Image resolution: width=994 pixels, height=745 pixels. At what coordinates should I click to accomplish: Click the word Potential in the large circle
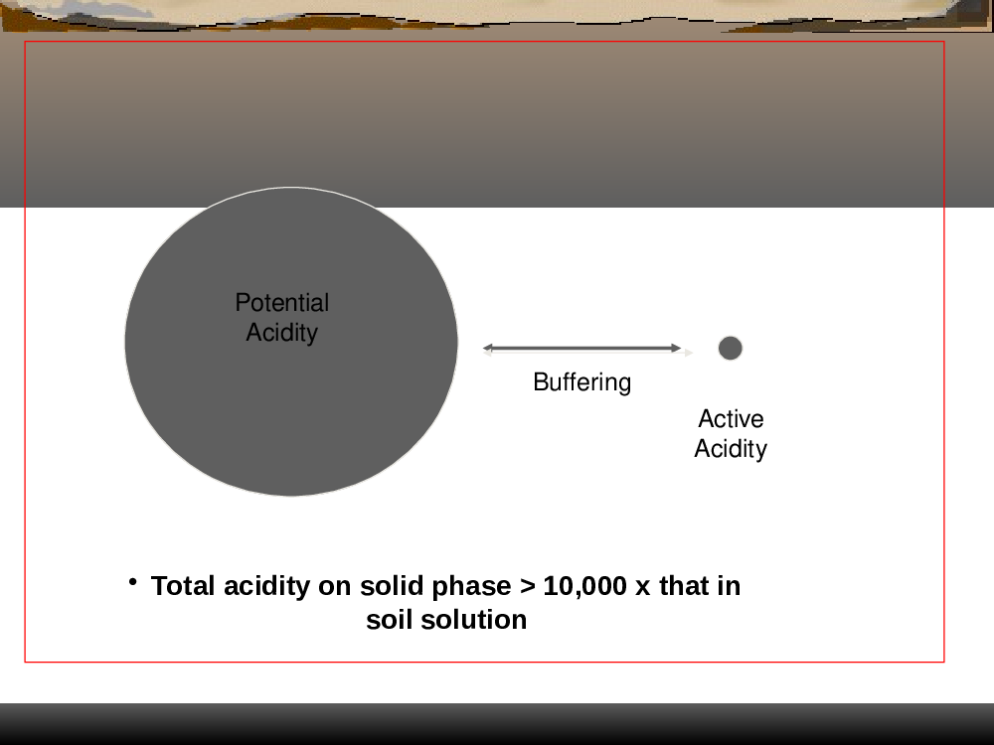pyautogui.click(x=282, y=302)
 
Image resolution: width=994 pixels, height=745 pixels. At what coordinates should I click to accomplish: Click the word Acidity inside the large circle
pyautogui.click(x=282, y=333)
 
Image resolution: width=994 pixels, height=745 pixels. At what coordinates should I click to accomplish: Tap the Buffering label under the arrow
pyautogui.click(x=581, y=382)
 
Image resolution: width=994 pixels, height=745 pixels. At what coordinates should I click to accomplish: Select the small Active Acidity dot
pyautogui.click(x=731, y=348)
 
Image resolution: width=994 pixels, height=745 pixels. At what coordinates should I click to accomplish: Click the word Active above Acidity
pyautogui.click(x=731, y=419)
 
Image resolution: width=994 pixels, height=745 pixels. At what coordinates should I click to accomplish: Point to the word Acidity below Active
pyautogui.click(x=731, y=449)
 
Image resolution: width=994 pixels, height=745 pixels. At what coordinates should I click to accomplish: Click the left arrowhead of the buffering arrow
pyautogui.click(x=487, y=348)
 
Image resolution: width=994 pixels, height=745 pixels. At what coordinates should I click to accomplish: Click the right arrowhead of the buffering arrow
pyautogui.click(x=676, y=348)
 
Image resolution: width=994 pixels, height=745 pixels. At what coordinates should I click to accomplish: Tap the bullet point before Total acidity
pyautogui.click(x=132, y=581)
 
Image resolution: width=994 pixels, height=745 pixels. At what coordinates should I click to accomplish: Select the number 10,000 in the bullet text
pyautogui.click(x=585, y=587)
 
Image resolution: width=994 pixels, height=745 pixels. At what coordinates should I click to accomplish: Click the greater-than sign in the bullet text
pyautogui.click(x=528, y=587)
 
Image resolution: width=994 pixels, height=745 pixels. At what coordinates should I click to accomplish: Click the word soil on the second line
pyautogui.click(x=390, y=620)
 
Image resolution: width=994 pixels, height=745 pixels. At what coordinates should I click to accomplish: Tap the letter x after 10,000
pyautogui.click(x=643, y=588)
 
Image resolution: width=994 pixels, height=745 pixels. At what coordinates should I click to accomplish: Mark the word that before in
pyautogui.click(x=684, y=586)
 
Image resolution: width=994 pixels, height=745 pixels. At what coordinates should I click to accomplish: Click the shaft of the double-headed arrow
pyautogui.click(x=581, y=348)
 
